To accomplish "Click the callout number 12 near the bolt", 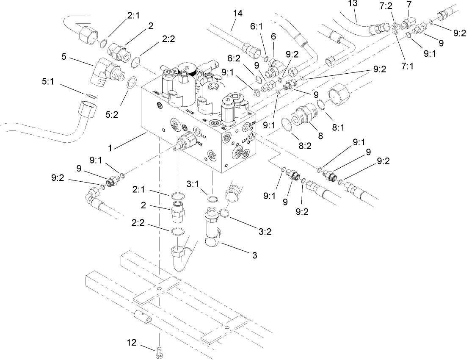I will point(132,342).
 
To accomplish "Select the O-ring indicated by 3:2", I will point(225,215).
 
